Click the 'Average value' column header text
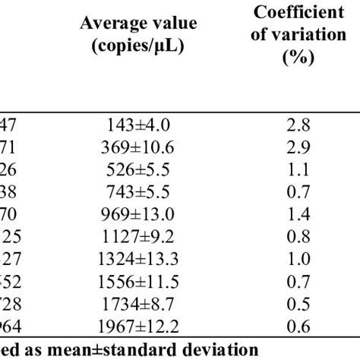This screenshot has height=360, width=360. [137, 24]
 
